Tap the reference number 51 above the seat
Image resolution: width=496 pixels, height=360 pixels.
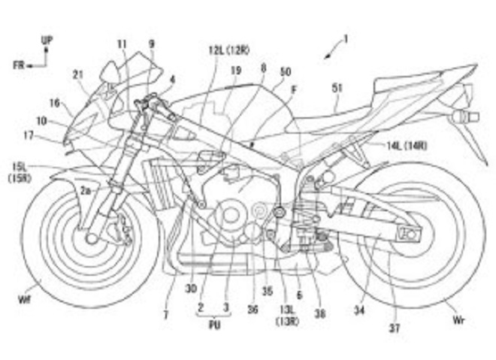pos(337,89)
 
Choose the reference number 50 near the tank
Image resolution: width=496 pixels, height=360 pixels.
pos(285,71)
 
